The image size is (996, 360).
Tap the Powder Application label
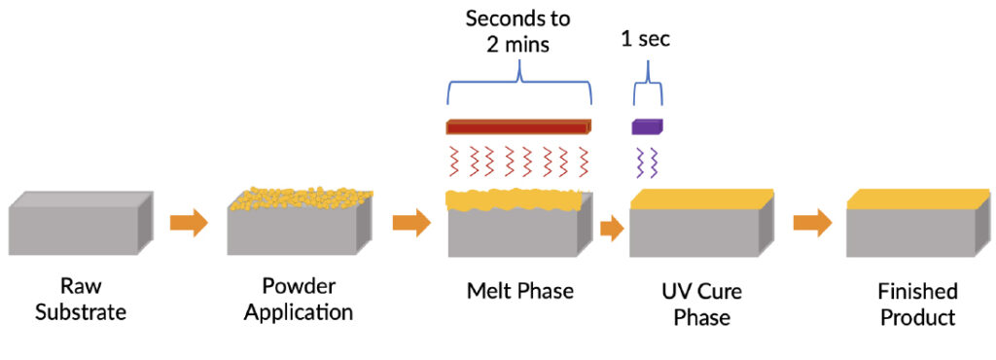(298, 301)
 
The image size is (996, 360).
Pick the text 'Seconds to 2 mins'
(518, 31)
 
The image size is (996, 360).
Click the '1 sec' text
(646, 40)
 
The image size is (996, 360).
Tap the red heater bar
(518, 126)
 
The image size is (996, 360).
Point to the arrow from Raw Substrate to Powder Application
(189, 223)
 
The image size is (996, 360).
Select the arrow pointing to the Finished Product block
(811, 223)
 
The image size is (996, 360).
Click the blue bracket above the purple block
(648, 88)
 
